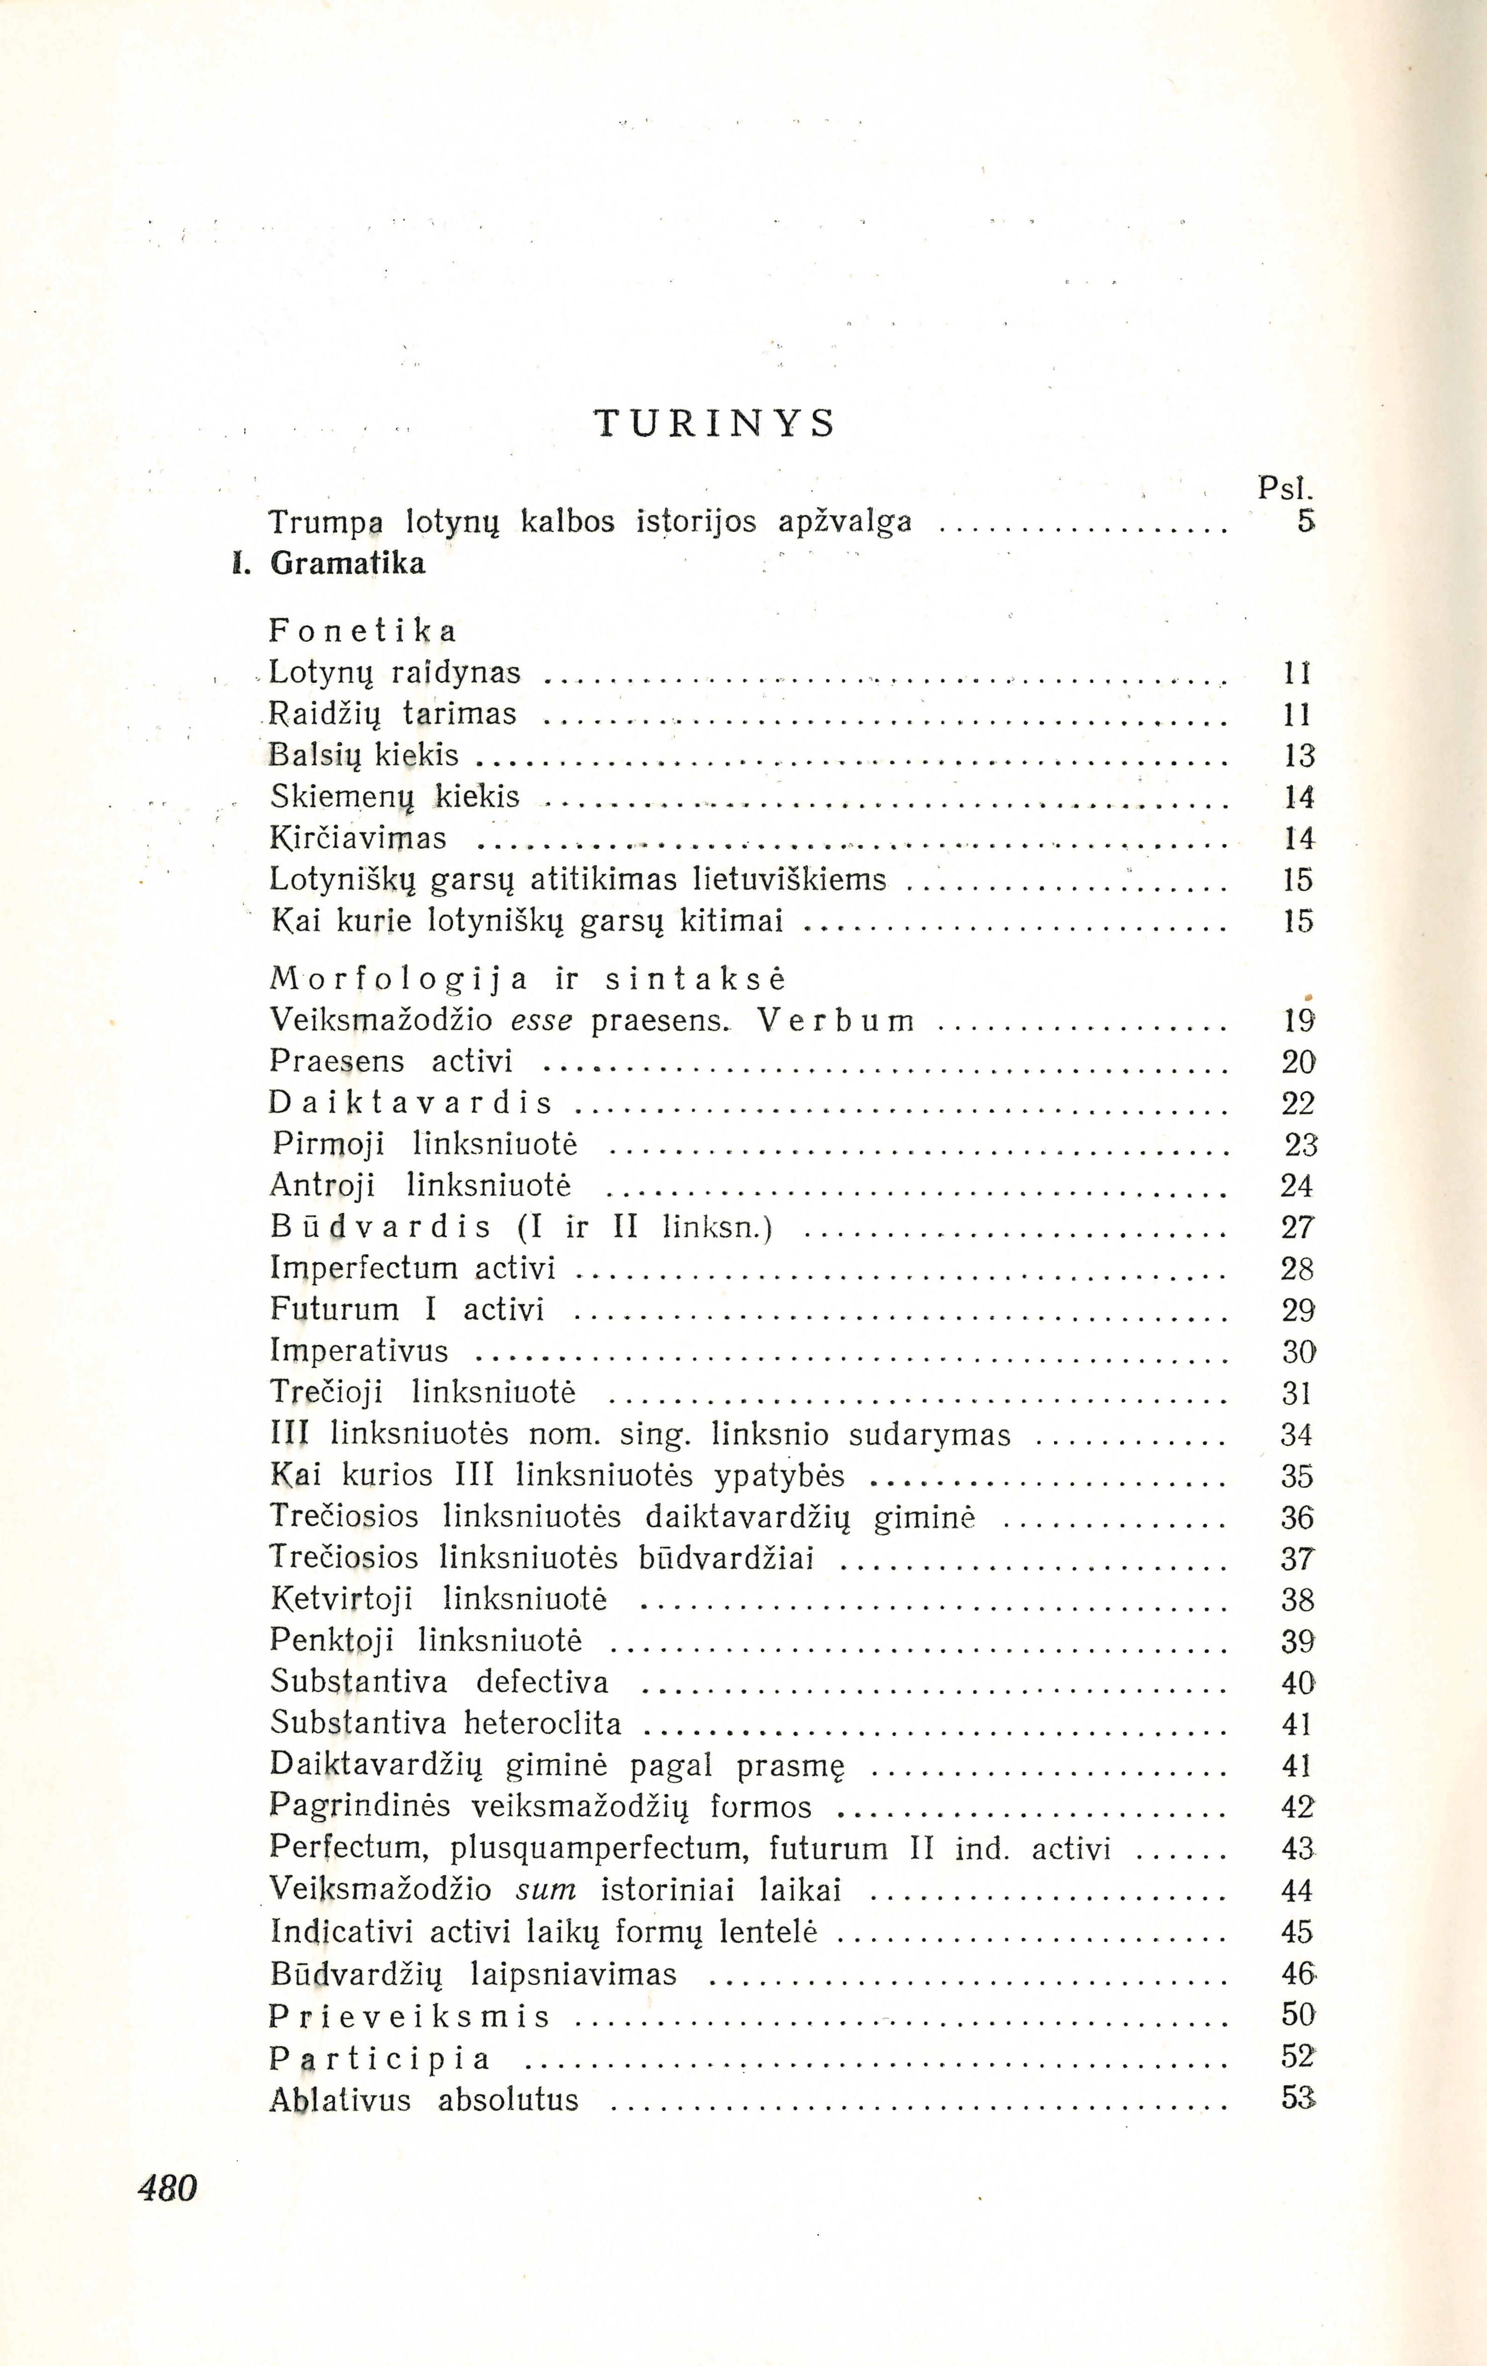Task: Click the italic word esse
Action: (542, 1021)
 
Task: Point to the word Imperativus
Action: (359, 1351)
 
